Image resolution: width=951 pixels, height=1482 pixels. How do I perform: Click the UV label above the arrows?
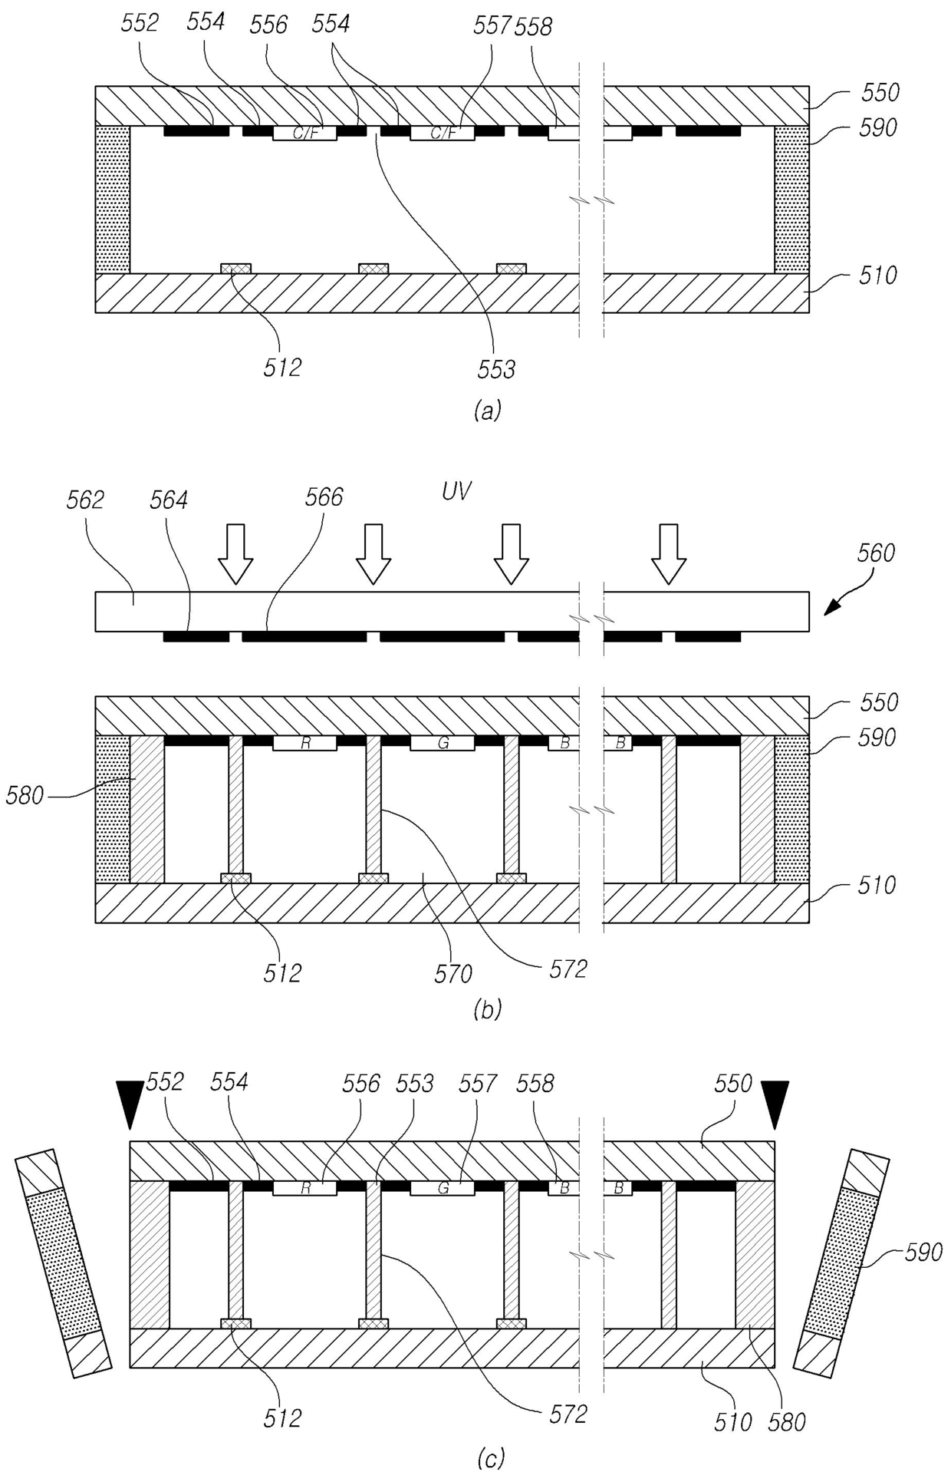pos(456,492)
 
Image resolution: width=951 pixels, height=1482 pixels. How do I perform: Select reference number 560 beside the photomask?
pos(874,553)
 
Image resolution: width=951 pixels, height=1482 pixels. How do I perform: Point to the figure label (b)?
pos(488,1010)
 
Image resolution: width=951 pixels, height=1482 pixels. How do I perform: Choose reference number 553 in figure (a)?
pos(495,370)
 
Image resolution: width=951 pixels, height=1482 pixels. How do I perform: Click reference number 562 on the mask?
pos(85,500)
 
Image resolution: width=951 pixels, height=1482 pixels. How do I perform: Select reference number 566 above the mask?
pos(324,497)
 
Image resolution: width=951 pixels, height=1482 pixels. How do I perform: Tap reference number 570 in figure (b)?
pos(453,973)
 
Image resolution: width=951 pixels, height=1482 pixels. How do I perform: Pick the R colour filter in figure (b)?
pos(305,743)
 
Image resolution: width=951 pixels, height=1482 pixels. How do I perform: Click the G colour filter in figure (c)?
pos(443,1188)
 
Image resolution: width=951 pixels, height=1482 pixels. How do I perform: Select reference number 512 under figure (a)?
pos(282,367)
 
